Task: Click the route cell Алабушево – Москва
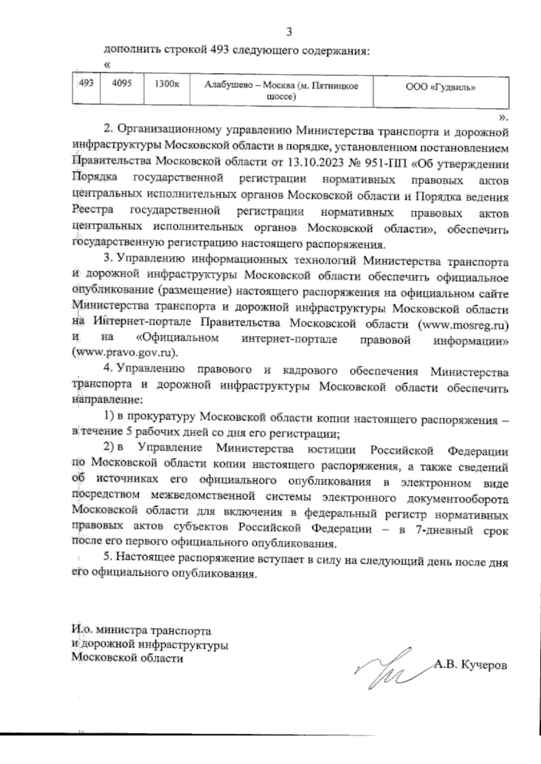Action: click(281, 91)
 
